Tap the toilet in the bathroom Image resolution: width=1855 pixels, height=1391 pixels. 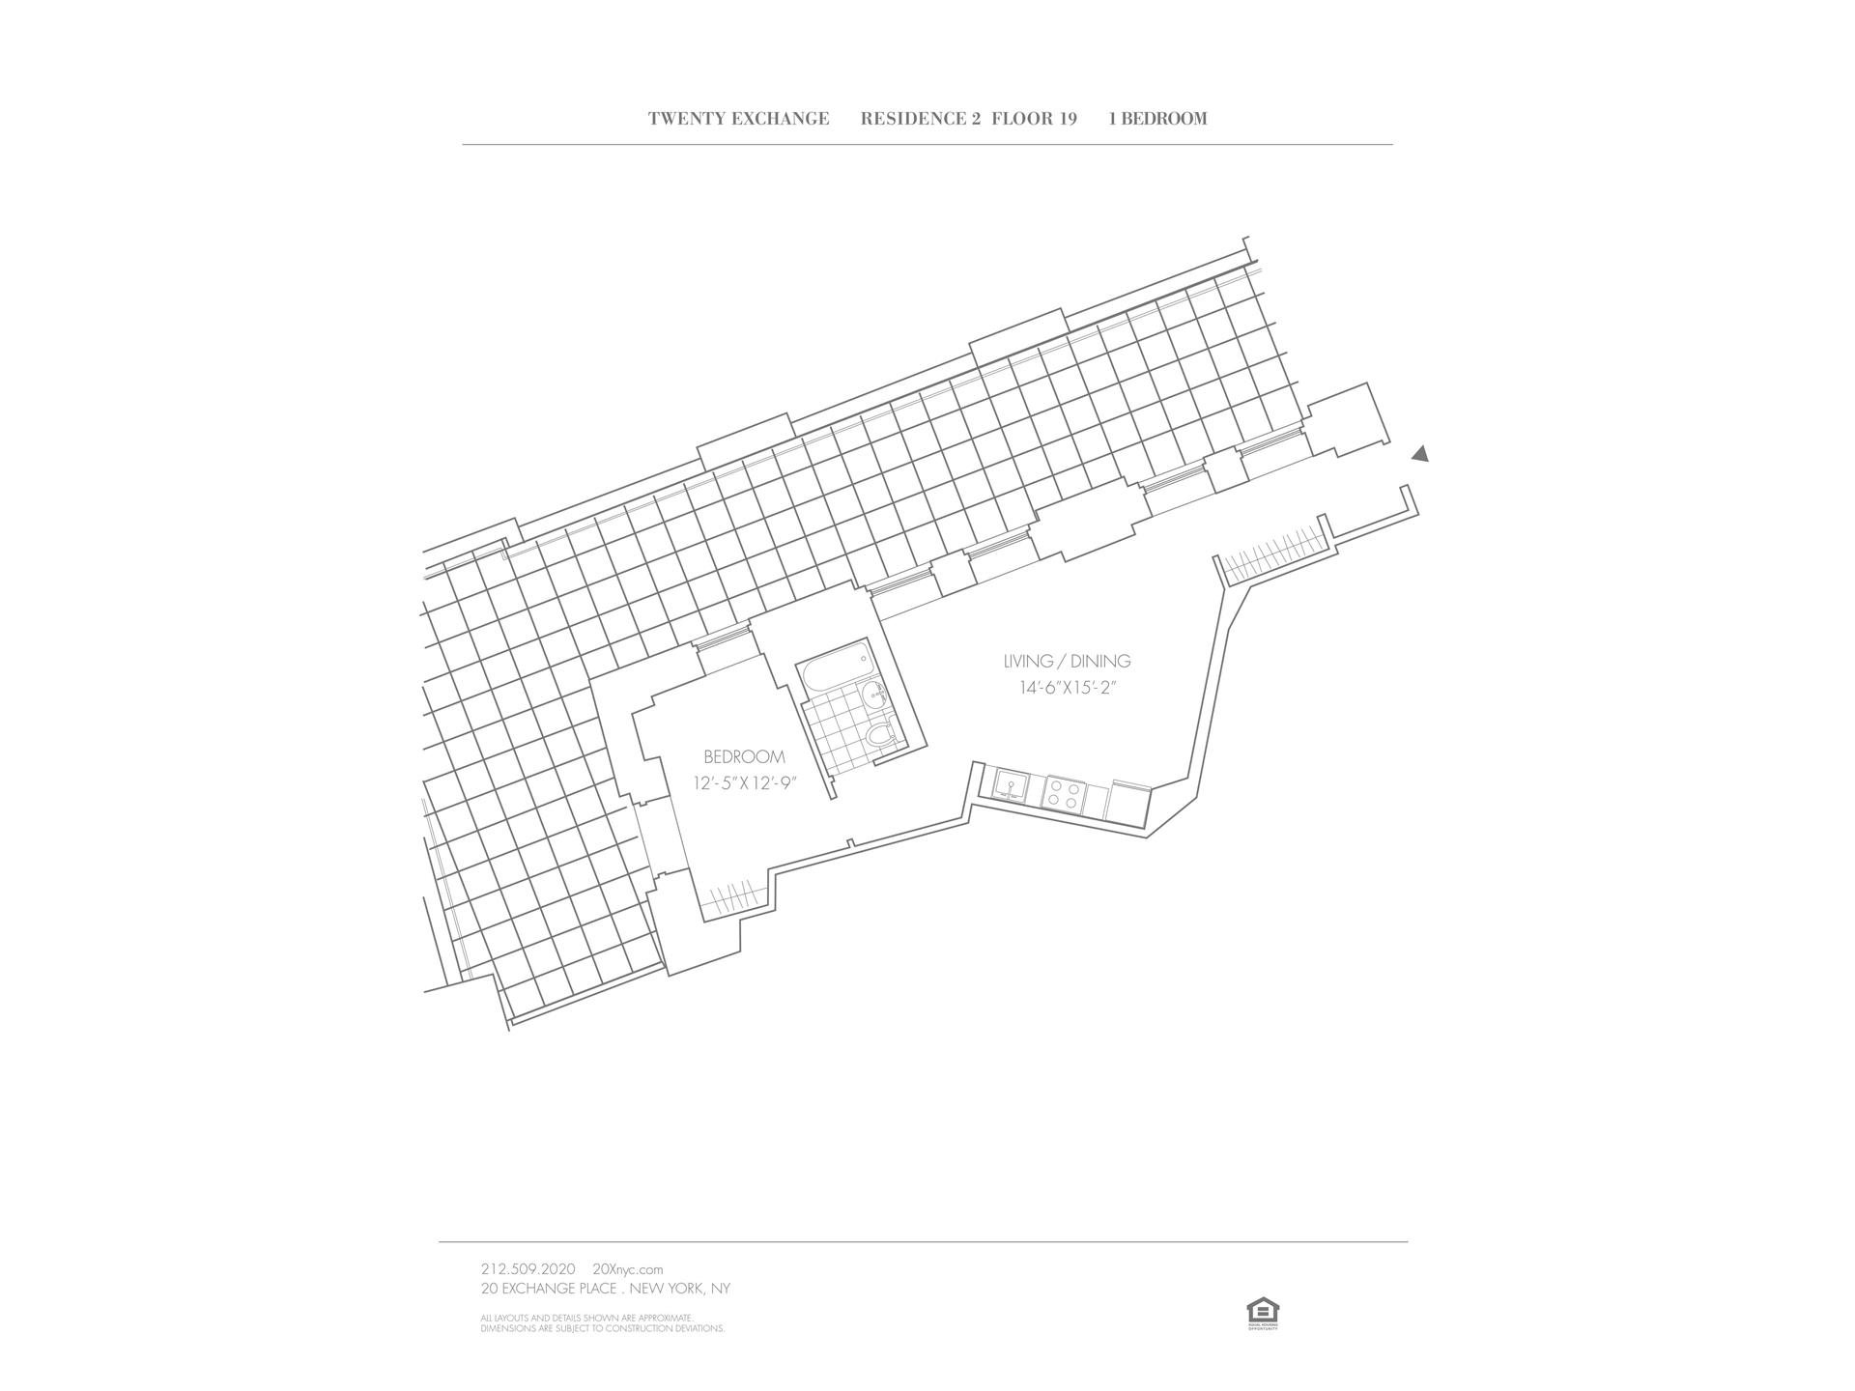(x=880, y=736)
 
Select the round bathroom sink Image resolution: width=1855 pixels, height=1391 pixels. (x=874, y=692)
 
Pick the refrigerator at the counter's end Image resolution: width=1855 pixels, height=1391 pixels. (x=1127, y=801)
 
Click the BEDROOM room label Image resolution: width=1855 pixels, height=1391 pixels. (x=744, y=757)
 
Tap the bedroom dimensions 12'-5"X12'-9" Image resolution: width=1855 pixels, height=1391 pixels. (x=744, y=783)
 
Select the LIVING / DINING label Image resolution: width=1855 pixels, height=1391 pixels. (x=1067, y=662)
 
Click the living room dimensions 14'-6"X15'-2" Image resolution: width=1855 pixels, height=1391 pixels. (x=1073, y=689)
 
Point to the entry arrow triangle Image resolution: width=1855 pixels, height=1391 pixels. (x=1419, y=454)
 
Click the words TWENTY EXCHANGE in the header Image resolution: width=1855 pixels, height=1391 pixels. (x=738, y=119)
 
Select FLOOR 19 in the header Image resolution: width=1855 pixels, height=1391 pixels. (x=1034, y=119)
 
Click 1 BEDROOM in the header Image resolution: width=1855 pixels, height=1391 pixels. (x=1157, y=119)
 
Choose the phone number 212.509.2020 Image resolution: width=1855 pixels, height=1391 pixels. (x=528, y=1269)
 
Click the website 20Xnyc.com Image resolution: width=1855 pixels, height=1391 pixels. (x=627, y=1269)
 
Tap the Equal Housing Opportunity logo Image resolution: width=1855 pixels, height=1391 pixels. (x=1263, y=1314)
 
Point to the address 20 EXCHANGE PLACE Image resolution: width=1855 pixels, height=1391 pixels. (x=548, y=1289)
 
